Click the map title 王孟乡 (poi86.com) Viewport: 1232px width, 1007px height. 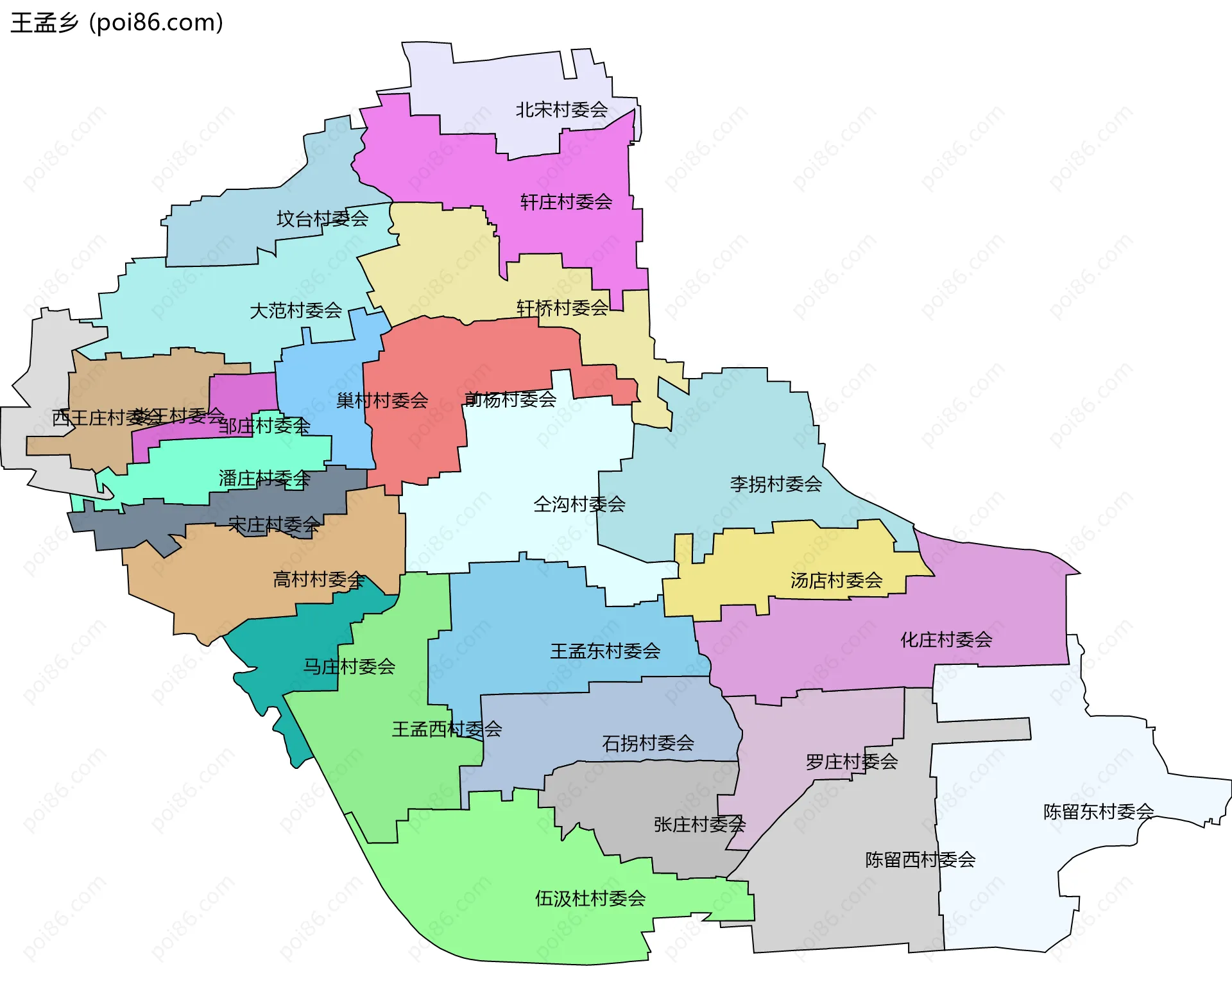(x=117, y=22)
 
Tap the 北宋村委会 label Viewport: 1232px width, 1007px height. (x=561, y=110)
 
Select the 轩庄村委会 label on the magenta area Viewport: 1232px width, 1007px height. (x=566, y=202)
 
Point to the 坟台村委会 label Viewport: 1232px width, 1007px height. (x=322, y=219)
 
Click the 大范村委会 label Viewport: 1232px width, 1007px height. (x=295, y=311)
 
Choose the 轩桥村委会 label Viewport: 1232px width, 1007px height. (x=562, y=308)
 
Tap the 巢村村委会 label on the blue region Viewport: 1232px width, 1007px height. (x=382, y=400)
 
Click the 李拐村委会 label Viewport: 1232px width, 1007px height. (x=776, y=484)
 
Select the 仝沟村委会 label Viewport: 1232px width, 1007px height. (x=579, y=504)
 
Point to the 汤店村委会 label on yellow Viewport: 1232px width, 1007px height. (x=836, y=580)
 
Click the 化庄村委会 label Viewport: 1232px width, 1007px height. (x=946, y=639)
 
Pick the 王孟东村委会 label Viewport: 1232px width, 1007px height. (x=605, y=651)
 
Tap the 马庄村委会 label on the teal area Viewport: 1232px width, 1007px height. (x=348, y=666)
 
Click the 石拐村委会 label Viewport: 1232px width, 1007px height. (x=648, y=743)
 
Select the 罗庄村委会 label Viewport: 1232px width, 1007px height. (x=851, y=762)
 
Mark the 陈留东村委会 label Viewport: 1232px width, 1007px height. (x=1099, y=811)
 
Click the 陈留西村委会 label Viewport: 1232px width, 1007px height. (x=920, y=859)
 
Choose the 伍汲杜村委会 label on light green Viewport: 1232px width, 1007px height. (x=590, y=898)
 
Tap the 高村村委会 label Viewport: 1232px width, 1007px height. (x=319, y=580)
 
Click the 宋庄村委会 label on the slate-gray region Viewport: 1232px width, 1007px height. (x=274, y=525)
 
